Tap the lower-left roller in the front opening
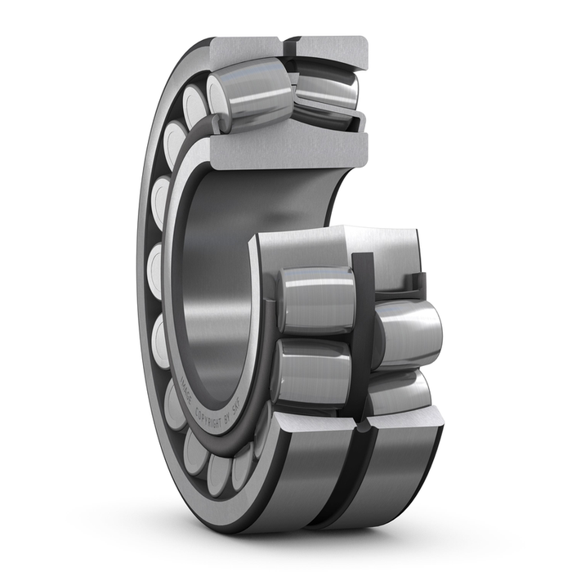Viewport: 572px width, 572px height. click(x=311, y=372)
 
